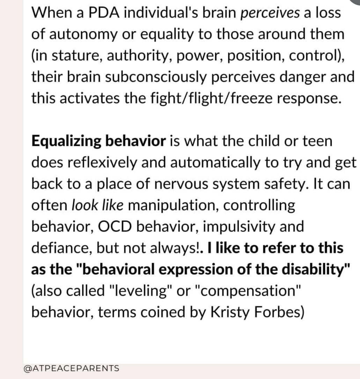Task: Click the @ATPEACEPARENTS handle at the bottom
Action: coord(71,368)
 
